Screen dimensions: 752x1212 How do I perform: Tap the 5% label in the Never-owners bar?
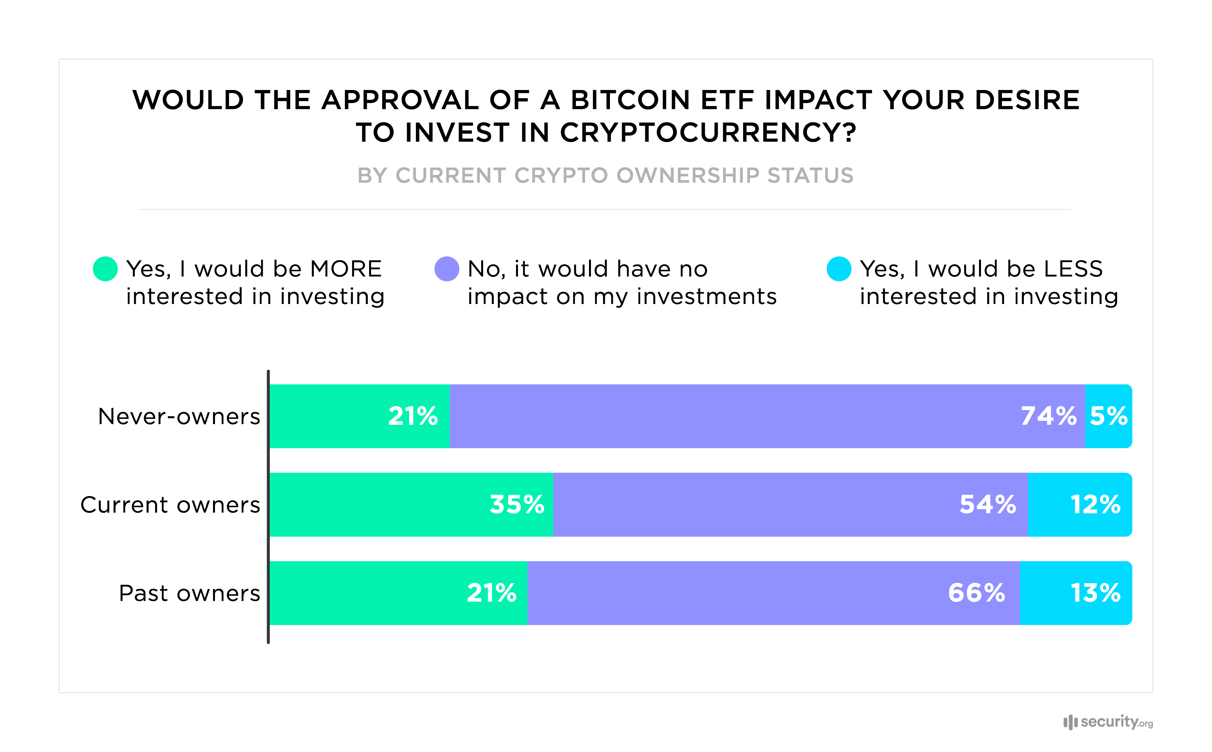click(x=1109, y=416)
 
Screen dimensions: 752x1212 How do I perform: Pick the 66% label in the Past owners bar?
click(x=976, y=593)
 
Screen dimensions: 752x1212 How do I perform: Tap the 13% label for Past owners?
click(x=1095, y=593)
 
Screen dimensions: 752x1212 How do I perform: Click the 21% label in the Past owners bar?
click(x=491, y=593)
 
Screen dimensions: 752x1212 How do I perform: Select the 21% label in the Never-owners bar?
click(x=413, y=416)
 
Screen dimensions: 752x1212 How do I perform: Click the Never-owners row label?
click(x=179, y=416)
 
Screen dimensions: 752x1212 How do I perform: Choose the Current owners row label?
click(x=170, y=505)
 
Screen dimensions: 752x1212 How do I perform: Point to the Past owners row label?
click(x=189, y=593)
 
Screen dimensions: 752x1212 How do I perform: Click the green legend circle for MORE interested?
click(x=105, y=269)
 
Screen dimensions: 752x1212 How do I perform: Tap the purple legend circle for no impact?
click(x=447, y=269)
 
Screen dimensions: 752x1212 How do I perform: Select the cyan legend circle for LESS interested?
click(x=839, y=269)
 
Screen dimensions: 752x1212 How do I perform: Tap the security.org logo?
click(x=1108, y=722)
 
